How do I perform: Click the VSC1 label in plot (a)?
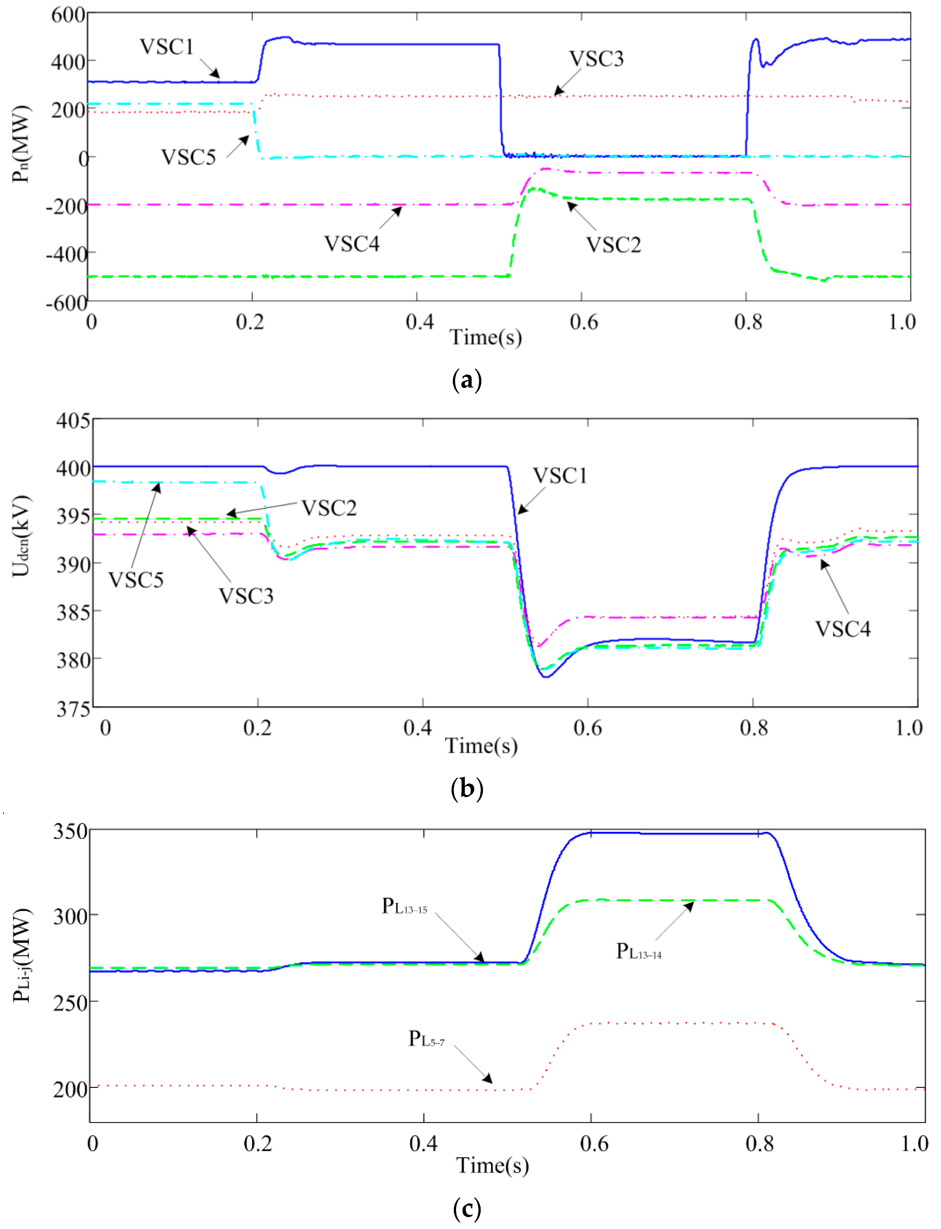(x=166, y=47)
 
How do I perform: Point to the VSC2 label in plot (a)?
(x=613, y=245)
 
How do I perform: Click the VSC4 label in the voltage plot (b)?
(x=843, y=629)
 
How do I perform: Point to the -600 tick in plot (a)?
(x=66, y=303)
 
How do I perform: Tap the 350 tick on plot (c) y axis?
(x=70, y=831)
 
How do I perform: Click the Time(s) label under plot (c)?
(x=492, y=1165)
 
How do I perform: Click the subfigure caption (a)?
(x=466, y=380)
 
